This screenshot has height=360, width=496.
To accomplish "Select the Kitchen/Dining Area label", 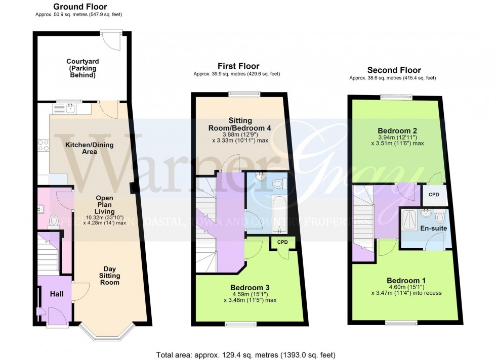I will click(x=90, y=148).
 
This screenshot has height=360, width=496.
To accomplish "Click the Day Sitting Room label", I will click(x=108, y=276).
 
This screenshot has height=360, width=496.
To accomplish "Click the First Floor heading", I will click(x=238, y=66).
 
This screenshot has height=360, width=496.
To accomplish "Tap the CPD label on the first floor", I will click(x=282, y=243).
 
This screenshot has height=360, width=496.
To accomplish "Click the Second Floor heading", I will click(x=394, y=70).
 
